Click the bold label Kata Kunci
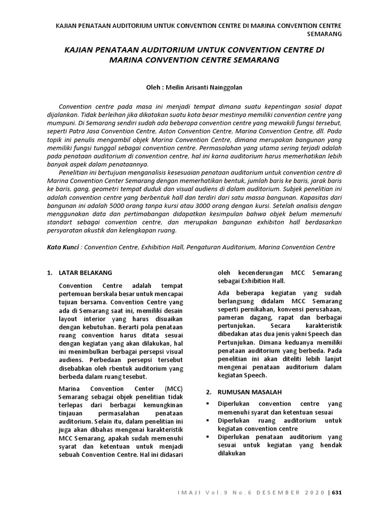(62, 247)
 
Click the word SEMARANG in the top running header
(324, 33)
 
